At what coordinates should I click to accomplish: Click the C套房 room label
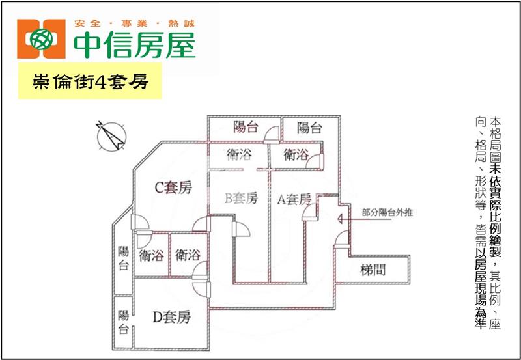coord(173,187)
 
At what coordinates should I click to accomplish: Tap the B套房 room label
coord(241,199)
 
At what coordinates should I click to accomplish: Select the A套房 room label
coord(294,199)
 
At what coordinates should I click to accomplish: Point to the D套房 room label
coord(172,316)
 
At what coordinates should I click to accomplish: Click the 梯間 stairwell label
coord(373,270)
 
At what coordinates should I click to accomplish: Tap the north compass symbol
coord(111,136)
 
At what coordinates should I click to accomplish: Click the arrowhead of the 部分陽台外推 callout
coord(339,219)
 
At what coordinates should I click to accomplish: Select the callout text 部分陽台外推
coord(387,212)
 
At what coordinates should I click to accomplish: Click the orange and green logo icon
coord(41,39)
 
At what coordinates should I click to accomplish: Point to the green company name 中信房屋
coord(134,45)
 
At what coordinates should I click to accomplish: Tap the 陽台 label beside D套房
coord(123,322)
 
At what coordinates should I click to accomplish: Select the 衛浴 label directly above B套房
coord(239,155)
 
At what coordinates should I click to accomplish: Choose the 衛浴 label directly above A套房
coord(296,155)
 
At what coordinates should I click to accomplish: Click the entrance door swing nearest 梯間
coord(341,239)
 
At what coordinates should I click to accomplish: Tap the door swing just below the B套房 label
coord(241,229)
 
